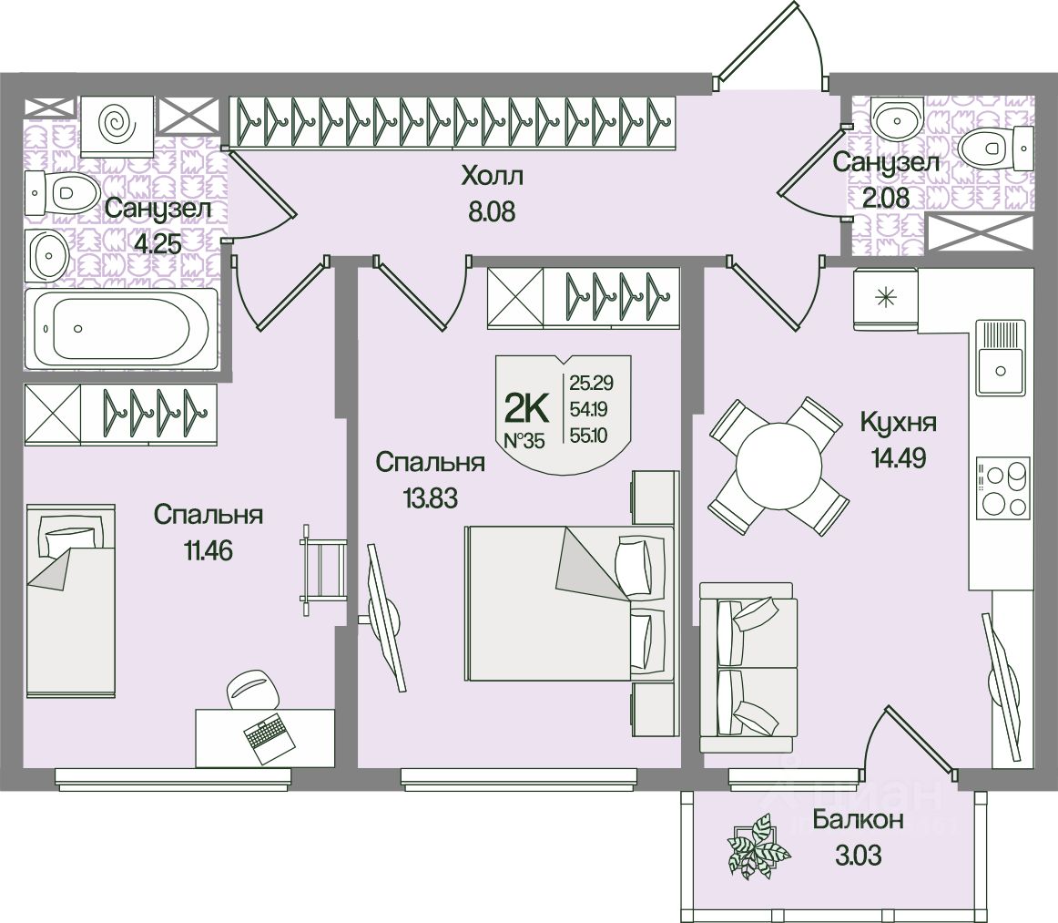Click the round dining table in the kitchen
point(778,466)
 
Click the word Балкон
point(858,820)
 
